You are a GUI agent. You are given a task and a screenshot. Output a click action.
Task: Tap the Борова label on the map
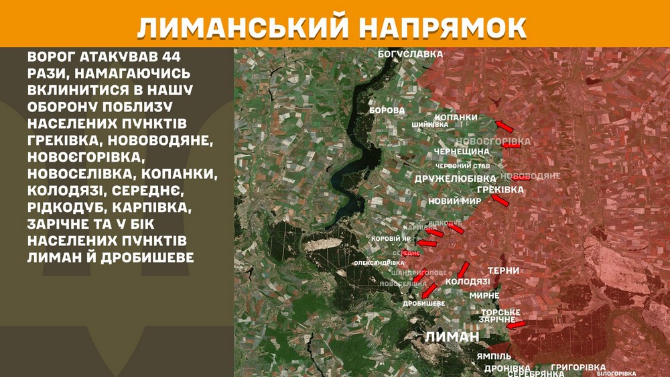[387, 109]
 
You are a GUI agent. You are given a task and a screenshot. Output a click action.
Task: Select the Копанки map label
[456, 117]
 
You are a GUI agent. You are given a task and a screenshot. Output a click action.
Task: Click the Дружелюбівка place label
[456, 178]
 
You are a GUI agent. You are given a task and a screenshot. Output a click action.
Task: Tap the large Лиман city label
[453, 337]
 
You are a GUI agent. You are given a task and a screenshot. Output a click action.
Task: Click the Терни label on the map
[504, 271]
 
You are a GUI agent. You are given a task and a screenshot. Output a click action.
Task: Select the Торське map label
[500, 313]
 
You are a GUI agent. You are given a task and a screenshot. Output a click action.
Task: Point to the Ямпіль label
[494, 356]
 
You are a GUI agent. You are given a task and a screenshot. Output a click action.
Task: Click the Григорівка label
[578, 368]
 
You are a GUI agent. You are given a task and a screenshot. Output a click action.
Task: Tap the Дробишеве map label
[424, 304]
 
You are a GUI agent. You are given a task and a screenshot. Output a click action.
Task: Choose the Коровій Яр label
[392, 239]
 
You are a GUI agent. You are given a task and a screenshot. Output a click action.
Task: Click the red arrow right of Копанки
[505, 126]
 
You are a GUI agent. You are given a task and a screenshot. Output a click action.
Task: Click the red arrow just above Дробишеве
[429, 290]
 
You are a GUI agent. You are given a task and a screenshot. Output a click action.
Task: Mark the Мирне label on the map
[484, 296]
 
